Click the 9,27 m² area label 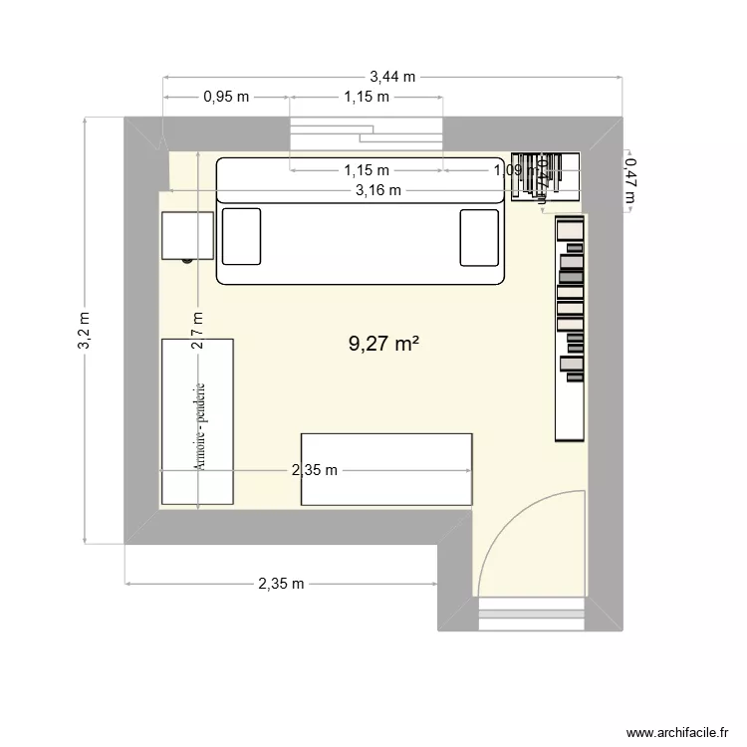[x=382, y=345]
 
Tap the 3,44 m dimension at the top [x=392, y=76]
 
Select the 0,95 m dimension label [x=226, y=97]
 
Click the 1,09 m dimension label [x=514, y=170]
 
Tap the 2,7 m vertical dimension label [x=198, y=330]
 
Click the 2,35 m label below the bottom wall [x=281, y=584]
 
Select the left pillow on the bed [x=241, y=236]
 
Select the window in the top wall [x=365, y=131]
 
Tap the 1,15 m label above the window [x=366, y=97]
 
